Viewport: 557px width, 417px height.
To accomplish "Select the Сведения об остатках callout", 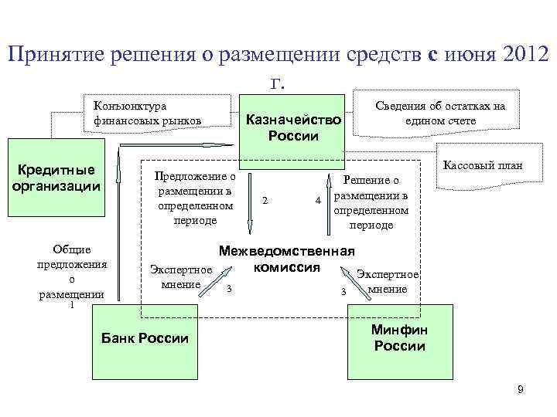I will [x=439, y=114].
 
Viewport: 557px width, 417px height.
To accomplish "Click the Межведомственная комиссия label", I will [x=286, y=259].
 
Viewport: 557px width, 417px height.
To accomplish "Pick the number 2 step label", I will [x=265, y=202].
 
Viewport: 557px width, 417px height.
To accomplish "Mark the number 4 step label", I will [x=317, y=202].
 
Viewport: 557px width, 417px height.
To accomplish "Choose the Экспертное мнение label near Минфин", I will [x=388, y=282].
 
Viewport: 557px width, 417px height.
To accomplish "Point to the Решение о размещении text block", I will [x=371, y=202].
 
